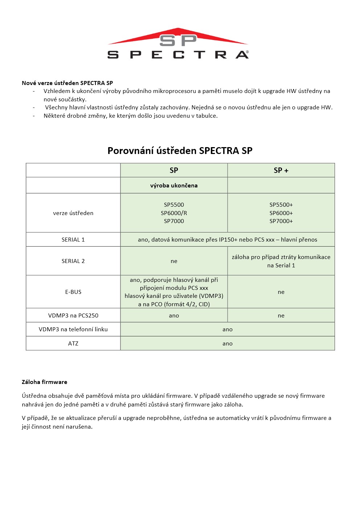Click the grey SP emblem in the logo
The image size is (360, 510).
(178, 40)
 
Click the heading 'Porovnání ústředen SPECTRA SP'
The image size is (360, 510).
(180, 151)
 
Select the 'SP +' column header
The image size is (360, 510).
(281, 170)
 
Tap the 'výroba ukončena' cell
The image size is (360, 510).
(174, 185)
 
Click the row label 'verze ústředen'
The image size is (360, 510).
(73, 213)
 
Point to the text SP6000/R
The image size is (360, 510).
(174, 213)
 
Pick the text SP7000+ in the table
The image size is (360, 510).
(281, 221)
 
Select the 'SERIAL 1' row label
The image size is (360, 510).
(73, 239)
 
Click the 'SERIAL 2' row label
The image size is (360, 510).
(73, 261)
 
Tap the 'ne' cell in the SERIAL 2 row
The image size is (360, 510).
(174, 261)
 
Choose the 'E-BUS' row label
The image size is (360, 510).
(73, 292)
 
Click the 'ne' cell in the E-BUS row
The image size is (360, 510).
(281, 292)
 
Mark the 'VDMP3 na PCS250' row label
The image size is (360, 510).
(73, 315)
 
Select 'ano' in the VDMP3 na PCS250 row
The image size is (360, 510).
(174, 315)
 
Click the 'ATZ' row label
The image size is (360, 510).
(73, 343)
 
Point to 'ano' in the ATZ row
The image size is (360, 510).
(227, 343)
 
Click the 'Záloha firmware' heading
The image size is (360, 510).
(44, 382)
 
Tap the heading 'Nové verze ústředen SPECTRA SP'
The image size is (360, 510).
(67, 83)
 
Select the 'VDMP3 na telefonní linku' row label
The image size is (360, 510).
(73, 329)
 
